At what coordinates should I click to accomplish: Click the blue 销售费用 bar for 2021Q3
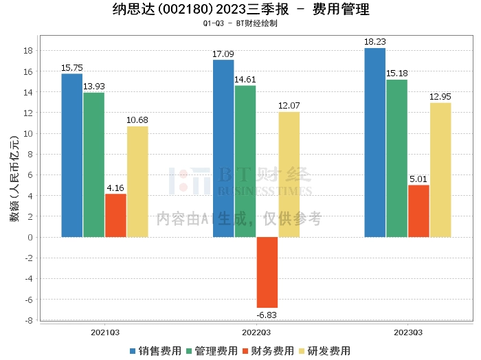point(72,155)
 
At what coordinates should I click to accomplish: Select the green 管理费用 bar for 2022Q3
point(245,161)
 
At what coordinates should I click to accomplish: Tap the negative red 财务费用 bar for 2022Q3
point(267,272)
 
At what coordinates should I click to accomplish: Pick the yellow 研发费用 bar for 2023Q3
point(440,170)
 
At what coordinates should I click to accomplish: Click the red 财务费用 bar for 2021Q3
point(115,215)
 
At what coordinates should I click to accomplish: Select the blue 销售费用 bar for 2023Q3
point(375,142)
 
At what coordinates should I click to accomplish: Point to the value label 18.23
point(375,42)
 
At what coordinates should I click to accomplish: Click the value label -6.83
point(267,315)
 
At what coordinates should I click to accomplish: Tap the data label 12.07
point(289,106)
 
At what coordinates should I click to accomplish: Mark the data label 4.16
point(115,188)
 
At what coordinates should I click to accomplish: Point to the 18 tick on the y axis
point(30,50)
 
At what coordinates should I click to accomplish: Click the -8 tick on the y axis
point(30,320)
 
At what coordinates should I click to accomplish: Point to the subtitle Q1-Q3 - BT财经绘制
point(240,23)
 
